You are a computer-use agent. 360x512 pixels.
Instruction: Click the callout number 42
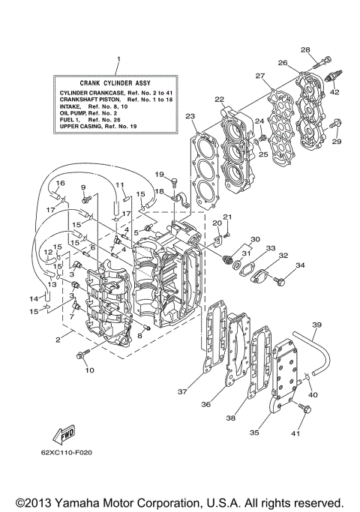(x=334, y=92)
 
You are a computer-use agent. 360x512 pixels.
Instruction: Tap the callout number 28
(x=306, y=49)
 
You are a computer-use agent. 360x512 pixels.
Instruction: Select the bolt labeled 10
(x=82, y=355)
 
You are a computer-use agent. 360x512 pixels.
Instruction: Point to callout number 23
(x=191, y=116)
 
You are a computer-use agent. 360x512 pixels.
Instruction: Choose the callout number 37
(x=181, y=391)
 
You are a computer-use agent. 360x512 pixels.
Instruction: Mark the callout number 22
(x=220, y=99)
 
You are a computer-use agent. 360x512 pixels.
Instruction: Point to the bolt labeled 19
(x=172, y=180)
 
